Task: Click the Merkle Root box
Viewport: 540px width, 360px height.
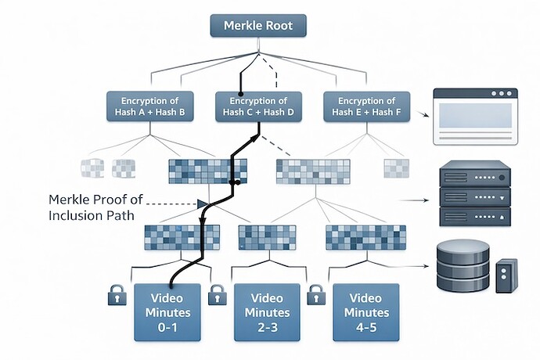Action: (257, 25)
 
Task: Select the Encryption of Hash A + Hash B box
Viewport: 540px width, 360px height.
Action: (154, 106)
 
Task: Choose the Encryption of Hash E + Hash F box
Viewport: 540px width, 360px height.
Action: (366, 106)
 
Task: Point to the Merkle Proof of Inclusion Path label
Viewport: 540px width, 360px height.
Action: (93, 207)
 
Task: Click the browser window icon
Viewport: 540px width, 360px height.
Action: (477, 115)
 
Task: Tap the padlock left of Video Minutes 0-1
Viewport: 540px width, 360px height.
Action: (116, 297)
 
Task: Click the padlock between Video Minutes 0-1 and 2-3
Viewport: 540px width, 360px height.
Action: (217, 297)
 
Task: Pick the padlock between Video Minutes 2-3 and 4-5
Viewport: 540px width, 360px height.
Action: (316, 297)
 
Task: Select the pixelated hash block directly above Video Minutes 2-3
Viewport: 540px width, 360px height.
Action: (267, 237)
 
